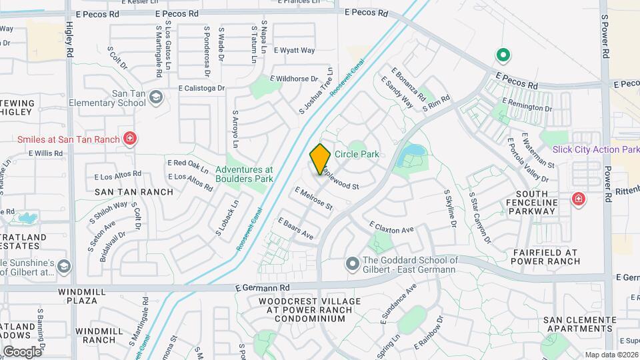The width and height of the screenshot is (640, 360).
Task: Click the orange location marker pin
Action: point(320,159)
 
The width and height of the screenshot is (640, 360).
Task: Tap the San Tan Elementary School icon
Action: point(156,98)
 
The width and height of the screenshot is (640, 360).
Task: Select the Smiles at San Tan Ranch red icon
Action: point(131,139)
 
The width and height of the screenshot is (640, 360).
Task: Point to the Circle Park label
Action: point(357,154)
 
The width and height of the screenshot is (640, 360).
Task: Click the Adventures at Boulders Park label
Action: point(244,174)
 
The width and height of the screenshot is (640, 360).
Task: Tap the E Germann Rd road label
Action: point(263,287)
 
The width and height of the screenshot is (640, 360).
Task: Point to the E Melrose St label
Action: point(313,199)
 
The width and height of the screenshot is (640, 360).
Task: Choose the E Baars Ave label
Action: point(295,228)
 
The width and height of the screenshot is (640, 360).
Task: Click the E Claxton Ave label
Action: point(391,228)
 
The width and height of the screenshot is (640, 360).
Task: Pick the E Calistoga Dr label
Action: point(203,87)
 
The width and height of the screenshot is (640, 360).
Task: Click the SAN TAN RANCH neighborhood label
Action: point(134,192)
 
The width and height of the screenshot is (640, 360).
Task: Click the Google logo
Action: point(22,351)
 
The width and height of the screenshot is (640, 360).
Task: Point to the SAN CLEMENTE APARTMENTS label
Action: point(577,325)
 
